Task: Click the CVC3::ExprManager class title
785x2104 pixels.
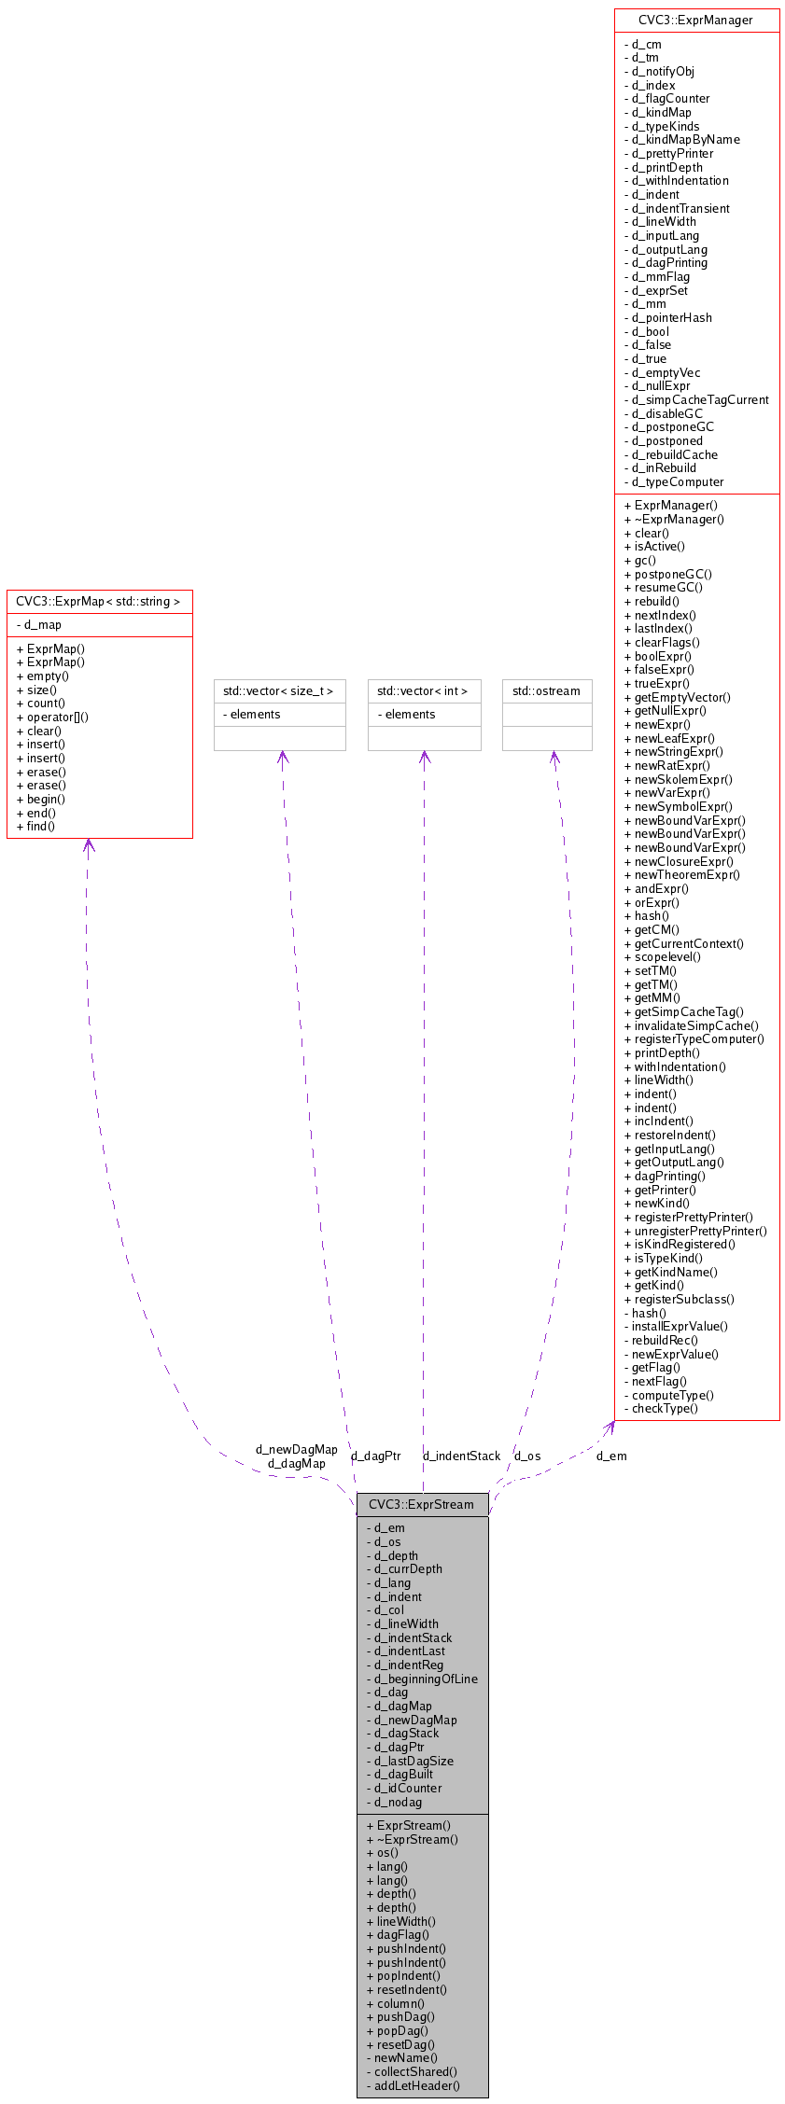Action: point(695,20)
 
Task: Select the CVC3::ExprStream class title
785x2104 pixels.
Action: point(421,1503)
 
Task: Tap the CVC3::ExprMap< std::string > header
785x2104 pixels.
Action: point(98,601)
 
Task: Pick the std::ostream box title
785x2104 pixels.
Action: point(546,691)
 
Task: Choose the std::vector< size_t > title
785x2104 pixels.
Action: point(279,691)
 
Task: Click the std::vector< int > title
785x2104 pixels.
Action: point(423,691)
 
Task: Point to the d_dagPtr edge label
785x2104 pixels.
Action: point(375,1456)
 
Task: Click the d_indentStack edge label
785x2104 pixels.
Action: point(461,1456)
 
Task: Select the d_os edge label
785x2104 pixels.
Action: point(527,1456)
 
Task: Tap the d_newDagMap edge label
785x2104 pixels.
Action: point(296,1449)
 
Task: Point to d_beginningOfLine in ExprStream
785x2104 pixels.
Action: point(426,1679)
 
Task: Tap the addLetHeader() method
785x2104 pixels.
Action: point(417,2085)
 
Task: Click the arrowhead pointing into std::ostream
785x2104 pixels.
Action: point(554,757)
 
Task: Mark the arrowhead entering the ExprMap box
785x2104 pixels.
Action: point(88,844)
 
